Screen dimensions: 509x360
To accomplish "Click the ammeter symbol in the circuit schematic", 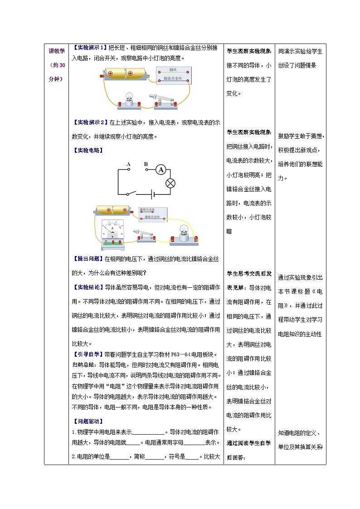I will [x=160, y=170].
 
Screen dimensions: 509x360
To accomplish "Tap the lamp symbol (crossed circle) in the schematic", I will [x=171, y=183].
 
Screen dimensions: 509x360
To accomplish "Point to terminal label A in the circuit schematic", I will [x=129, y=164].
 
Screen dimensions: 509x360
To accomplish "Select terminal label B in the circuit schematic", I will [x=146, y=164].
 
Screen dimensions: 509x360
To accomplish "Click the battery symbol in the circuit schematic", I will [x=153, y=194].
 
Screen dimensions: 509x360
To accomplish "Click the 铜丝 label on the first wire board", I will [x=172, y=70].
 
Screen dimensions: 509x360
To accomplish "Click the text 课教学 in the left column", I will [x=57, y=51].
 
